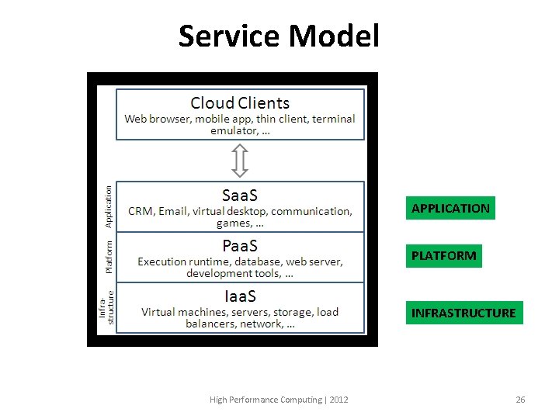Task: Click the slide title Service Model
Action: coord(279,36)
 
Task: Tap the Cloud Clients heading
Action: coord(240,103)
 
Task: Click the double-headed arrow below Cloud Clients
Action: coord(240,160)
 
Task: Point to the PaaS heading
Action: coord(240,246)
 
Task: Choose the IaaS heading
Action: coord(240,296)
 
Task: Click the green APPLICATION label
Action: coord(450,208)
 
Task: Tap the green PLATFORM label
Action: coord(444,255)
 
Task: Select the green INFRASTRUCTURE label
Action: coord(464,313)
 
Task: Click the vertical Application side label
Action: coord(109,206)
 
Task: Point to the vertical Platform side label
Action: coord(109,256)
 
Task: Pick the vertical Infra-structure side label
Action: coord(106,307)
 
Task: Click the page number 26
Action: coord(520,400)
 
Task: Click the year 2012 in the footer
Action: coord(339,400)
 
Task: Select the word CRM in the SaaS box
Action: coord(141,211)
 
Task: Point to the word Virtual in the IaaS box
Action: coord(158,312)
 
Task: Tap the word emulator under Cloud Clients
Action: coord(233,130)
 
